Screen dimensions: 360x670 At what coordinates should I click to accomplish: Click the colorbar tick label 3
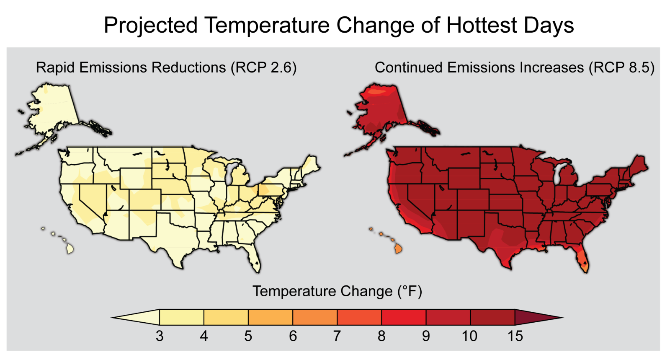click(160, 336)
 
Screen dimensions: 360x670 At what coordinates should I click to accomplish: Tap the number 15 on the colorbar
click(515, 336)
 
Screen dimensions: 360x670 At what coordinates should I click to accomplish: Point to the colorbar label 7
click(337, 336)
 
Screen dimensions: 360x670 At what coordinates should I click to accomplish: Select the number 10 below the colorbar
click(469, 336)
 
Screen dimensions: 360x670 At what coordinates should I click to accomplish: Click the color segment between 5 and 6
click(271, 317)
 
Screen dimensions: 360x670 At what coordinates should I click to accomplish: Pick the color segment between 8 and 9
click(404, 317)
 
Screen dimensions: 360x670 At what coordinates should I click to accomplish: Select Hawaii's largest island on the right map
click(399, 249)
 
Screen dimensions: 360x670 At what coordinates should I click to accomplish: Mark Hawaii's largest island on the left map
click(70, 249)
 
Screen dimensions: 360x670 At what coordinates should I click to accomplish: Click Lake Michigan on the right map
click(557, 174)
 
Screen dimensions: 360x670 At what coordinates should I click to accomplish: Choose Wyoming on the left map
click(136, 179)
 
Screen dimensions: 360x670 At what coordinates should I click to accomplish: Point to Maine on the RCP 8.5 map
click(639, 163)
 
